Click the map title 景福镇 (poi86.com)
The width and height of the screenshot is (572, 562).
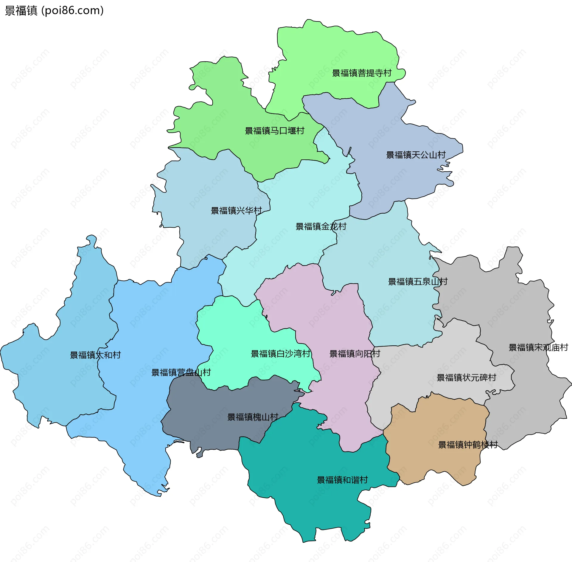54,11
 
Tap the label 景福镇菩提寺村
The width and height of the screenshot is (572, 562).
361,73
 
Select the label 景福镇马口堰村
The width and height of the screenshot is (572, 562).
274,131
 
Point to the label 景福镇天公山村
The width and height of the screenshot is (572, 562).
416,155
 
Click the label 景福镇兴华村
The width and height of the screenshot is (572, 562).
236,211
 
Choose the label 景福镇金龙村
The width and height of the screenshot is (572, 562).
321,226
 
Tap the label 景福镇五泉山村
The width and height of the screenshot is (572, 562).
417,282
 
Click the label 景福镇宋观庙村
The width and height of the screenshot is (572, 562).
538,347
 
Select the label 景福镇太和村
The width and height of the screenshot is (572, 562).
95,355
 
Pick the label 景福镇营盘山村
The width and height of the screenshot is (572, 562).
181,372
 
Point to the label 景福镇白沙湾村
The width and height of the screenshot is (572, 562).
280,354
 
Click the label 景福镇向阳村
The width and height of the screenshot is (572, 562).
355,354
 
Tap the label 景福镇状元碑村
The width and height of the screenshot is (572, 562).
466,378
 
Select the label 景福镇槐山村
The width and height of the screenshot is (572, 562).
253,417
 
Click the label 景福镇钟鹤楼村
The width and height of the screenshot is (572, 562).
468,445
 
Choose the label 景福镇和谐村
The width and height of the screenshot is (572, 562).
342,480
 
